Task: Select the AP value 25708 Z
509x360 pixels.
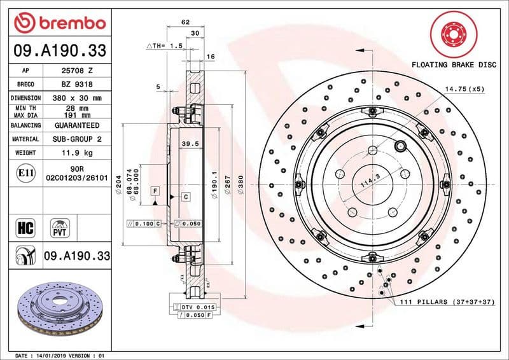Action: tap(76, 71)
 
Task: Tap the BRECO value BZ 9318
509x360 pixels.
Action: tap(76, 84)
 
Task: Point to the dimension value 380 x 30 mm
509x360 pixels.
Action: tap(76, 98)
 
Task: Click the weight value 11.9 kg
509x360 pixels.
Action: tap(76, 153)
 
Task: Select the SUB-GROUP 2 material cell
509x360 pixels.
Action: tap(76, 139)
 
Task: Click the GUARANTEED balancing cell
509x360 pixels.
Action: tap(76, 125)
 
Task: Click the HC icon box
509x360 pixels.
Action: tap(26, 226)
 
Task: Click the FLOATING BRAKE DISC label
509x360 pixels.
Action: tap(454, 65)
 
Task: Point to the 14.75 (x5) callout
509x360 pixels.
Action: tap(465, 90)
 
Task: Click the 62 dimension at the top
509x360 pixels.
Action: tap(186, 22)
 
